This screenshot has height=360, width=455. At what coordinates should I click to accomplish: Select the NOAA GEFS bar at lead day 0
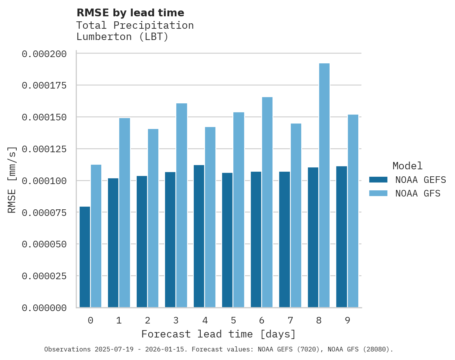click(85, 257)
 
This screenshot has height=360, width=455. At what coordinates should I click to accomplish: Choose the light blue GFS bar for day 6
click(267, 202)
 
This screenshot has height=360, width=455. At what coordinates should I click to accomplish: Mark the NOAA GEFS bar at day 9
click(342, 237)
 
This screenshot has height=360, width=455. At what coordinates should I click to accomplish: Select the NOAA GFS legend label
click(418, 193)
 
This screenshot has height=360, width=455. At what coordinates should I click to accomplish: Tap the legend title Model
click(407, 166)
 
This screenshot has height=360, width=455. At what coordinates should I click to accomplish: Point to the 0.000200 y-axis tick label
click(44, 54)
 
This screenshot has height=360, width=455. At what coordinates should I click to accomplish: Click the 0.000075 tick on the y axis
click(44, 212)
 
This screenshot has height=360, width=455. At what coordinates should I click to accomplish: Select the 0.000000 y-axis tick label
click(44, 308)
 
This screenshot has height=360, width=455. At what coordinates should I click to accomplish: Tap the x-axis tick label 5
click(233, 320)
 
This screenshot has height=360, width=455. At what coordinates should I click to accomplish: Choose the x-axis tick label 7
click(290, 320)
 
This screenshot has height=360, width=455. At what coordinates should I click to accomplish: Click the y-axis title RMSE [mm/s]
click(12, 180)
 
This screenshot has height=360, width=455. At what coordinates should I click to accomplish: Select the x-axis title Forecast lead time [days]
click(219, 334)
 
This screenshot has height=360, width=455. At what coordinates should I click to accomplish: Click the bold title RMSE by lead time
click(130, 13)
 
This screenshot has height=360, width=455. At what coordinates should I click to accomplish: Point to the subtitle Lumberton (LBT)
click(122, 37)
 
